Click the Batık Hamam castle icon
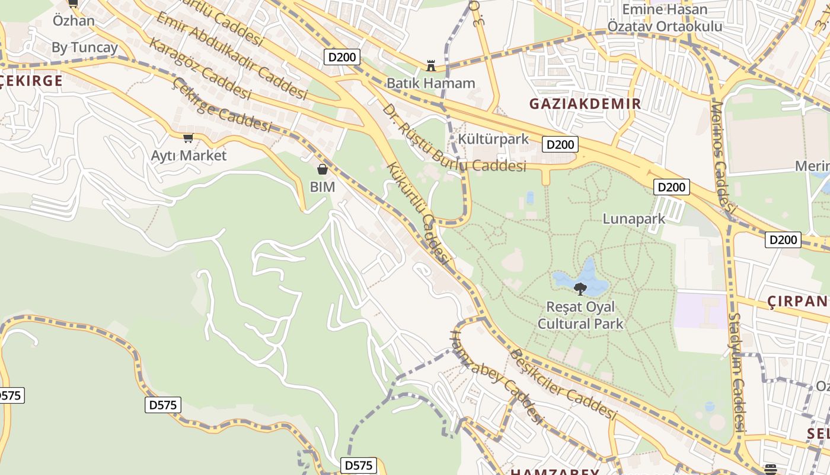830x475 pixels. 431,65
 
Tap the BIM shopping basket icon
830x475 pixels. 322,170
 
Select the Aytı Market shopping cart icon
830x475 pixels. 188,138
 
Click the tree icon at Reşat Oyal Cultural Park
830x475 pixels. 580,289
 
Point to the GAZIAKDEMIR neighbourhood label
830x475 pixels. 585,104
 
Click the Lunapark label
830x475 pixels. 634,219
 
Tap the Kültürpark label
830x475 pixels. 493,140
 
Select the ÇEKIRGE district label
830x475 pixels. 31,81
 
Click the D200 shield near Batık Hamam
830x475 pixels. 342,57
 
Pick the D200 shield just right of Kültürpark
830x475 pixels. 560,144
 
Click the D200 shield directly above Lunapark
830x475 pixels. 672,187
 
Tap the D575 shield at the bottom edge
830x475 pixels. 359,465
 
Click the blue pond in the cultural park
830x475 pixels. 587,276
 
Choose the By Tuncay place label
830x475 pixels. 85,47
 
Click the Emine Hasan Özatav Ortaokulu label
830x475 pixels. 665,18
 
